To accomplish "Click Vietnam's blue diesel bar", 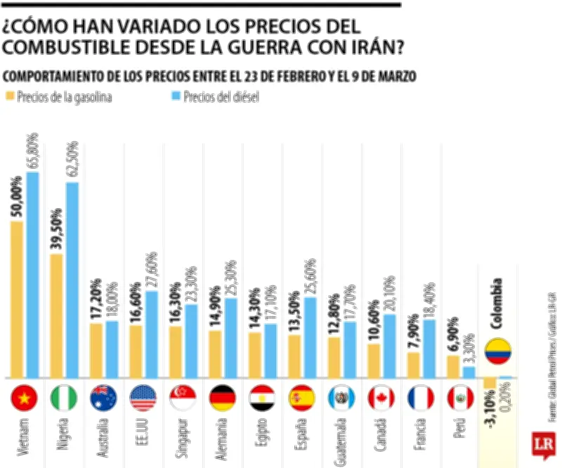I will click(x=32, y=274).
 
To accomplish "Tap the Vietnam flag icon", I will click(x=24, y=398).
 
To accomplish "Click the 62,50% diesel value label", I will click(x=72, y=158).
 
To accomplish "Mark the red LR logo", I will click(x=543, y=445).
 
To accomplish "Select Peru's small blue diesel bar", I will click(x=469, y=372).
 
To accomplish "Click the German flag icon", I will click(x=223, y=398).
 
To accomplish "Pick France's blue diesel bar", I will click(x=429, y=349).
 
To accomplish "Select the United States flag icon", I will click(x=143, y=398).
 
